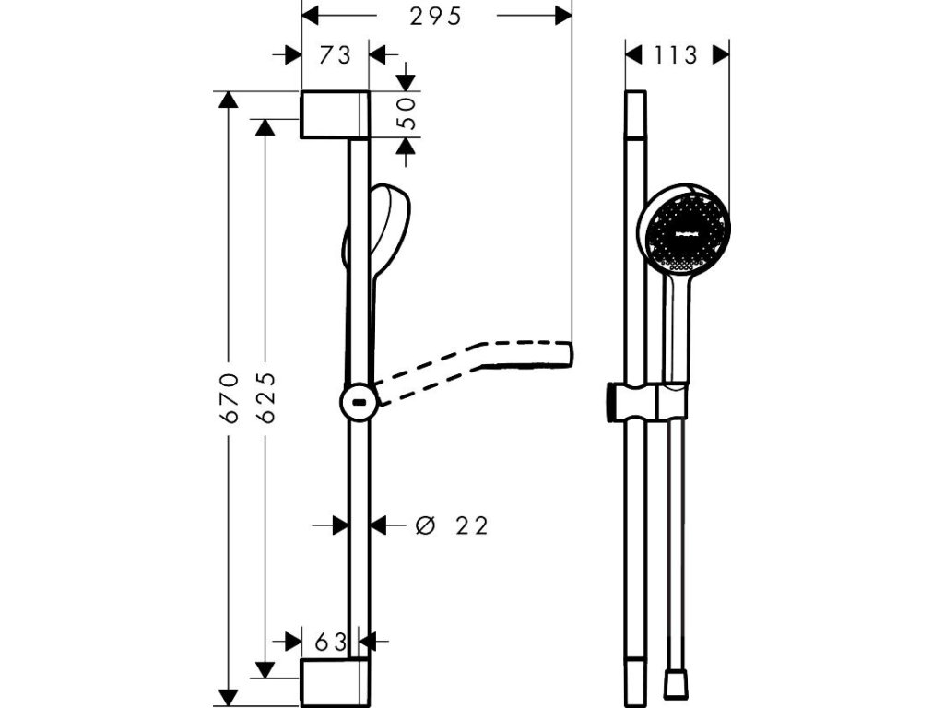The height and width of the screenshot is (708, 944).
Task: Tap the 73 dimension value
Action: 336,55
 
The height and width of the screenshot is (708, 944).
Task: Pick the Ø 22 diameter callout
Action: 452,525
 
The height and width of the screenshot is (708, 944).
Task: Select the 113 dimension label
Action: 678,55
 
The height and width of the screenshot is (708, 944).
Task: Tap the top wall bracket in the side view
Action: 334,114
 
